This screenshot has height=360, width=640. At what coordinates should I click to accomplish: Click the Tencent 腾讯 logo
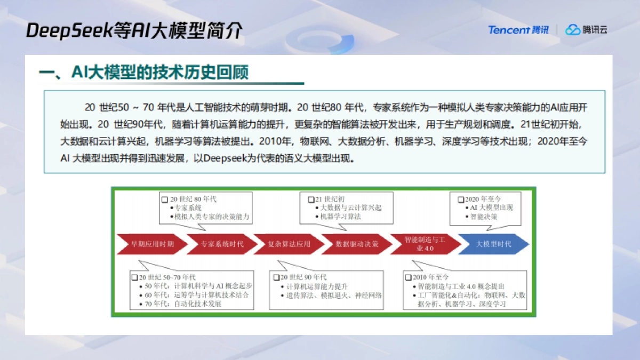pos(518,30)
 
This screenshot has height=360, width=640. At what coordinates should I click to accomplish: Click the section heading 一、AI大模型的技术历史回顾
pos(144,73)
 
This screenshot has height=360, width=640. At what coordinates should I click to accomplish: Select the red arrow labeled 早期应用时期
pos(152,244)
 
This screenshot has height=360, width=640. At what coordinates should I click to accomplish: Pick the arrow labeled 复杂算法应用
pos(289,244)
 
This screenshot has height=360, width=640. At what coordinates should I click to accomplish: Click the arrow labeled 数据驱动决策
pos(356,244)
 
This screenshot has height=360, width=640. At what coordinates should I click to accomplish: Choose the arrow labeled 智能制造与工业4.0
pos(423,244)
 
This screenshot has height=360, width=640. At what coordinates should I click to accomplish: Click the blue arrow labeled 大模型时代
pos(492,244)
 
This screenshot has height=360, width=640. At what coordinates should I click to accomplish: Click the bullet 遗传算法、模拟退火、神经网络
pos(334,295)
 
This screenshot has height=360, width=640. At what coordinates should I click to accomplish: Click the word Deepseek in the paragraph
pos(224,158)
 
